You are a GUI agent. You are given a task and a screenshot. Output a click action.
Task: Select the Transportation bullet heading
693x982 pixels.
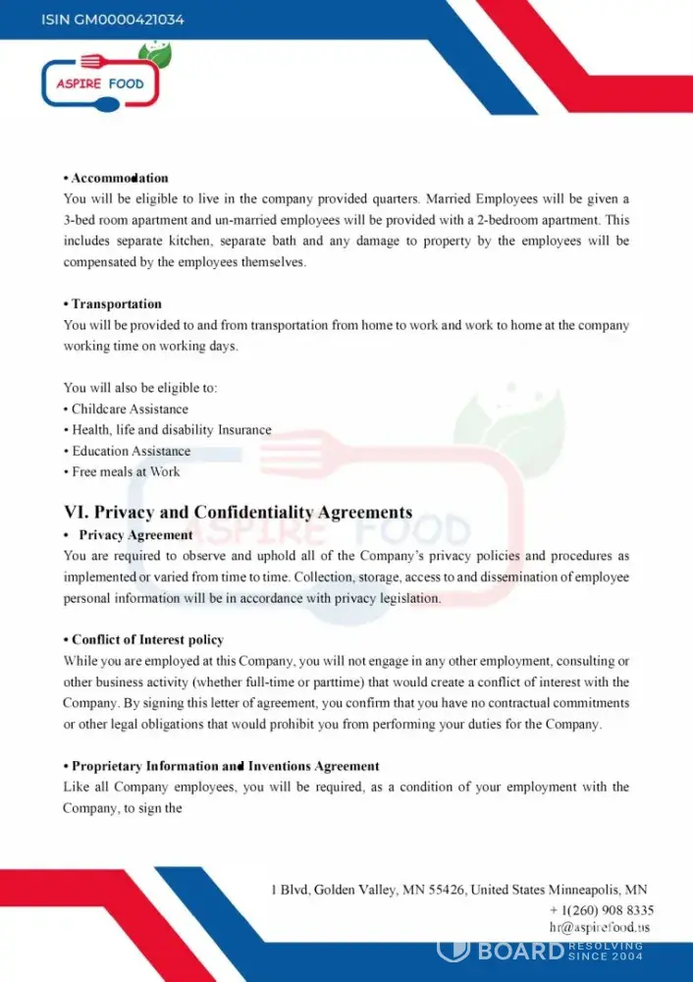coord(116,303)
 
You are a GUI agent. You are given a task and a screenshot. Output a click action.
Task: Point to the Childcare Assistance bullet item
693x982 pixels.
coord(130,409)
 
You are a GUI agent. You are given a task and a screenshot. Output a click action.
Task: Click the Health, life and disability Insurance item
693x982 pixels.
coord(171,430)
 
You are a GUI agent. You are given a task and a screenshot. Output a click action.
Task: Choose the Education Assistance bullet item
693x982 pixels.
coord(131,451)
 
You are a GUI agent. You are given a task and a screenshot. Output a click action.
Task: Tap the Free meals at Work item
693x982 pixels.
coord(126,471)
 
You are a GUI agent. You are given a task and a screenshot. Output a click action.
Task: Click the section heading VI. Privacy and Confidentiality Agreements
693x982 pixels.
coord(239,513)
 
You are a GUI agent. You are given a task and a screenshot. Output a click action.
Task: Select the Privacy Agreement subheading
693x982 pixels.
coord(135,535)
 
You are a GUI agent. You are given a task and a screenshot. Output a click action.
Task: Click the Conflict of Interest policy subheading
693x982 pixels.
coord(147,640)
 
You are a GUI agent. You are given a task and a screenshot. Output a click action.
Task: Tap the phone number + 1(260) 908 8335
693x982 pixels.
coord(602,910)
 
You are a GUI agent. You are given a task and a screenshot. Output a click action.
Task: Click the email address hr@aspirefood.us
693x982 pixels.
coord(600,927)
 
